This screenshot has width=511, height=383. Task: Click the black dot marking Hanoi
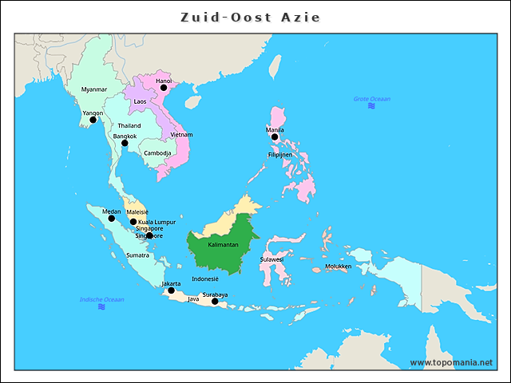164,88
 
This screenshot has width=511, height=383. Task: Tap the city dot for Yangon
93,120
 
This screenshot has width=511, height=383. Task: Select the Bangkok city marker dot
125,144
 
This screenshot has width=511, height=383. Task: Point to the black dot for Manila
275,137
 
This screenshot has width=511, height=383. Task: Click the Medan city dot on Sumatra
112,218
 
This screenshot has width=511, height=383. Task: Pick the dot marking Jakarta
171,290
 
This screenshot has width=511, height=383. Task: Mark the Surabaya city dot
215,302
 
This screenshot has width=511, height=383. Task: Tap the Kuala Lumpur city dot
133,222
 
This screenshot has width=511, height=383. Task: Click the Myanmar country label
94,89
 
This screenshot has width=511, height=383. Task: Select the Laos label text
140,102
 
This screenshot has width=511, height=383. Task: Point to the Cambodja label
158,153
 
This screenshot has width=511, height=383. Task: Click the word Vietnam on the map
181,135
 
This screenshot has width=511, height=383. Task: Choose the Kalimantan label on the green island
223,245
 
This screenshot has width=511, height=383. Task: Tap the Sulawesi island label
271,259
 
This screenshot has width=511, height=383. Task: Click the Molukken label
338,267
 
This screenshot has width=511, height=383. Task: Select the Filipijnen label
280,154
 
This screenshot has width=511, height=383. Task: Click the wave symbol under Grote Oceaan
371,106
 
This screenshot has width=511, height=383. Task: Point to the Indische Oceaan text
101,299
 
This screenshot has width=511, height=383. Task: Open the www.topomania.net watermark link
451,362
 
